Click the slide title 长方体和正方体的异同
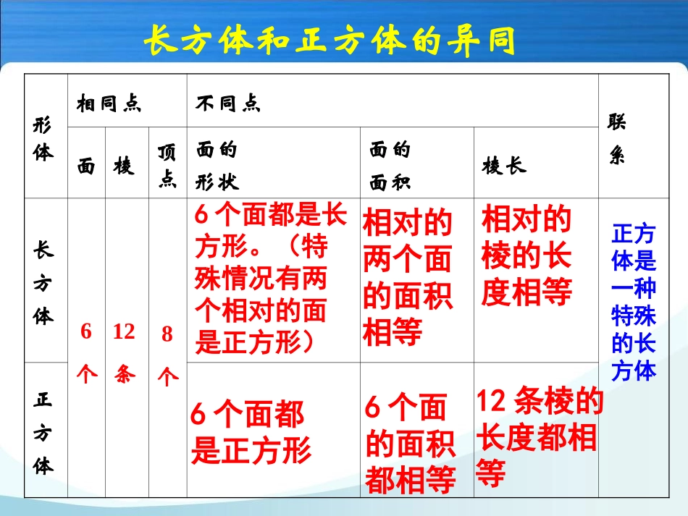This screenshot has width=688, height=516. point(330,41)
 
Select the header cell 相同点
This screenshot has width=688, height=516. point(109,103)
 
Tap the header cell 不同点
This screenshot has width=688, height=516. point(227,103)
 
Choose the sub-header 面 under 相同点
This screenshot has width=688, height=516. point(86,166)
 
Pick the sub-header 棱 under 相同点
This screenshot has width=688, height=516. point(124,166)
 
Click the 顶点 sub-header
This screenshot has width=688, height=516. point(167,166)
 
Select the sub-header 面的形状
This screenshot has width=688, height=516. point(217,166)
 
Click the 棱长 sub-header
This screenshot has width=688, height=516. point(504,166)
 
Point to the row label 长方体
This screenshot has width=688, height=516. point(43,282)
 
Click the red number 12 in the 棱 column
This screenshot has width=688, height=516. point(124,332)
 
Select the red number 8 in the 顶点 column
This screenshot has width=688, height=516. point(167,334)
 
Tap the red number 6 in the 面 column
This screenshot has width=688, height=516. point(86,331)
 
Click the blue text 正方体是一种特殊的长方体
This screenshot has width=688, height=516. point(634,302)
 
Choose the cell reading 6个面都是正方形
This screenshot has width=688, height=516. point(251,433)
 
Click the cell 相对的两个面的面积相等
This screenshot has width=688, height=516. point(407,279)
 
